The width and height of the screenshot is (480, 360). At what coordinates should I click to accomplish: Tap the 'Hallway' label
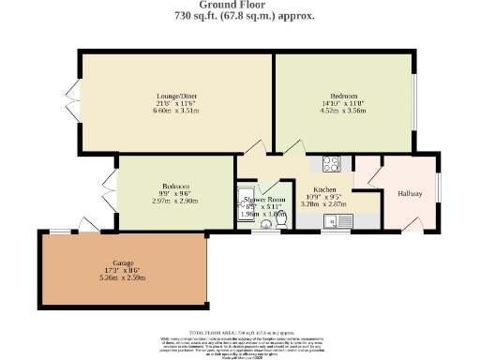tap(411, 193)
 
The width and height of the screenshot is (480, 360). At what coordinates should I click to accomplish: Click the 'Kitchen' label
tap(322, 188)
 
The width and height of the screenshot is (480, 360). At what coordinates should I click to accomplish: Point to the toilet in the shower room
tap(278, 221)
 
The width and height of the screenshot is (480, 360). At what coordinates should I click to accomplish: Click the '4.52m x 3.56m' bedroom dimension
tap(343, 111)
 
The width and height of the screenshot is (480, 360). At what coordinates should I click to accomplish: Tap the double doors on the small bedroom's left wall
tap(111, 192)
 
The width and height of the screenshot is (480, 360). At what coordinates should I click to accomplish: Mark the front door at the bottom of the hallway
tap(411, 225)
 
